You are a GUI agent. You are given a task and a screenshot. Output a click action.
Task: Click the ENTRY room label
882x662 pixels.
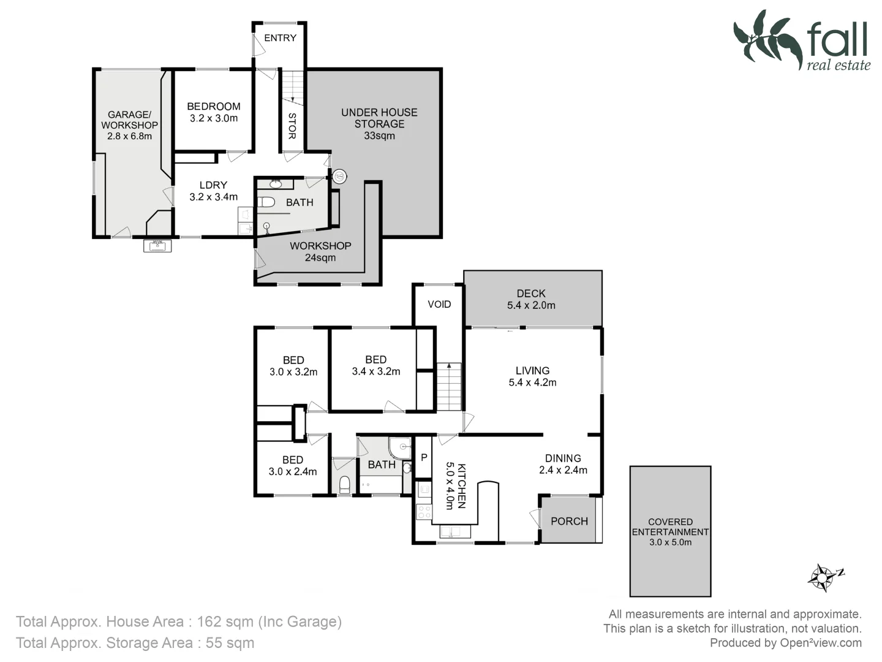tap(280, 38)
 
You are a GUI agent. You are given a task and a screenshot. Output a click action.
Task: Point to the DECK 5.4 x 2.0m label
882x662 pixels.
tap(531, 299)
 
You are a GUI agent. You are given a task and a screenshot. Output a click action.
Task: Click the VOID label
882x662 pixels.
tap(439, 305)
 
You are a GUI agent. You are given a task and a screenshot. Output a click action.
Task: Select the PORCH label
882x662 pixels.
tap(569, 521)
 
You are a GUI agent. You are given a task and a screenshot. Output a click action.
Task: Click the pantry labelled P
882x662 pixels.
tap(424, 457)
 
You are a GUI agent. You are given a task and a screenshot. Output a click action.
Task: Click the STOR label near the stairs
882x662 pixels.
tap(292, 126)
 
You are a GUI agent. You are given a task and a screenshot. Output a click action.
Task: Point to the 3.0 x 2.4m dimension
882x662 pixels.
tap(293, 472)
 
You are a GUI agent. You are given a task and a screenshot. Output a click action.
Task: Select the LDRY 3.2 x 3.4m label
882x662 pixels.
tap(213, 191)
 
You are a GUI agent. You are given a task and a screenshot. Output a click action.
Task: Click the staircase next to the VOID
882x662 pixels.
tap(449, 387)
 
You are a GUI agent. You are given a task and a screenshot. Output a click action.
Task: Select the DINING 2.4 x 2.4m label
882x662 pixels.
tap(563, 464)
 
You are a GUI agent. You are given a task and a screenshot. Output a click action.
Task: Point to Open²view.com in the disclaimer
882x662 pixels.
tap(821, 643)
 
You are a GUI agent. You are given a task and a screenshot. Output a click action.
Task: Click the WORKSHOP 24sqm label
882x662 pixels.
tap(320, 251)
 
